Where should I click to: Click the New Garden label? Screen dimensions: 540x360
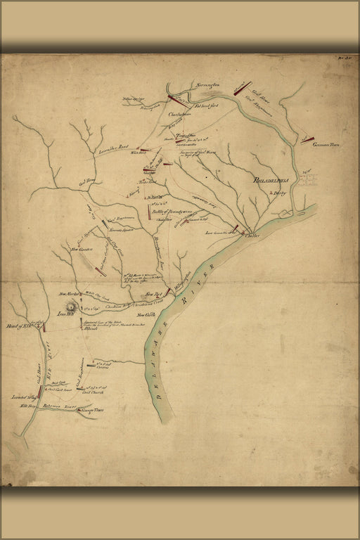pos(83,249)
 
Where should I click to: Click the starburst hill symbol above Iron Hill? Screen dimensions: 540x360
pos(70,307)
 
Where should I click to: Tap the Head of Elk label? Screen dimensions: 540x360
pos(20,326)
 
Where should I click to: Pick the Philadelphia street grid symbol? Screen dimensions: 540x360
pos(307,180)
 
